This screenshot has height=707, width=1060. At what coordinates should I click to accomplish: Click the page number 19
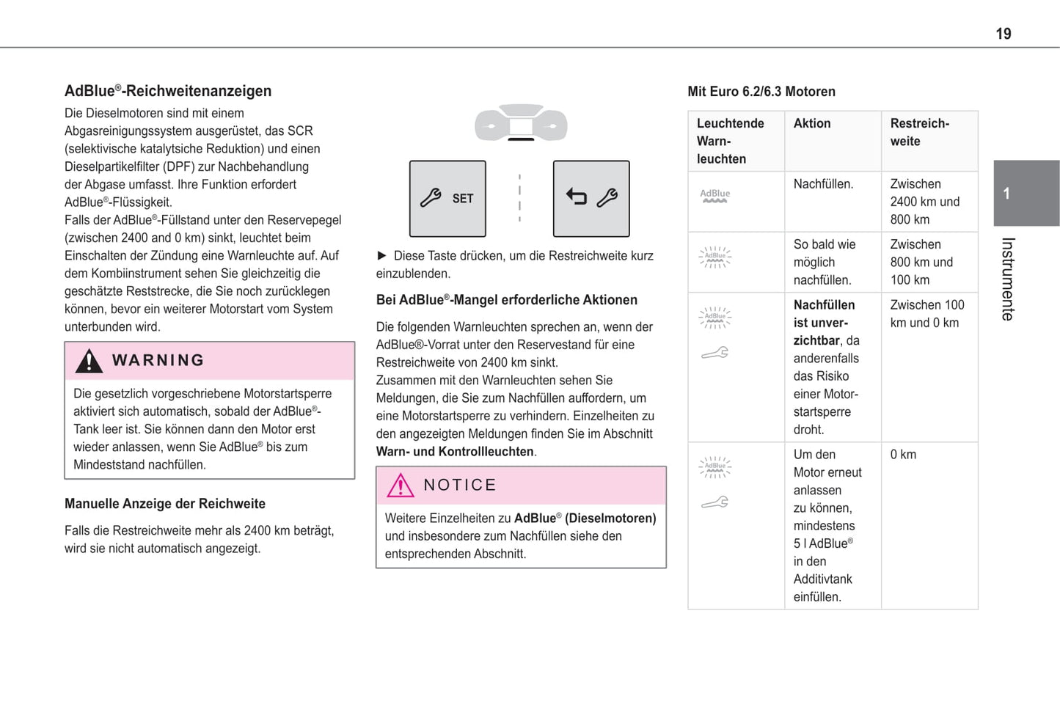1003,34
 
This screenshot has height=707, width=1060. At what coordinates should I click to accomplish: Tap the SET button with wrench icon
447,199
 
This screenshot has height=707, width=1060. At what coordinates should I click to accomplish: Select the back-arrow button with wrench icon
591,198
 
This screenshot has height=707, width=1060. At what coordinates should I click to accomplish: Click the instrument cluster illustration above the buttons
521,123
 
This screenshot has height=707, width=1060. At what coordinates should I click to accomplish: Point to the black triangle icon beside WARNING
89,361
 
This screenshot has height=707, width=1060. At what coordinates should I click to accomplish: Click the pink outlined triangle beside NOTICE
401,486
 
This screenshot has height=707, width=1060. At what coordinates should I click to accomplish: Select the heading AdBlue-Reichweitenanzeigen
168,91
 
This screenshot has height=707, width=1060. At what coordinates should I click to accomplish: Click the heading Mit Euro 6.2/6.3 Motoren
761,92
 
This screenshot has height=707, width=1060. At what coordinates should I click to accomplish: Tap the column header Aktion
812,124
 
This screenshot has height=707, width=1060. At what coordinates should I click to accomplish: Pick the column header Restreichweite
920,133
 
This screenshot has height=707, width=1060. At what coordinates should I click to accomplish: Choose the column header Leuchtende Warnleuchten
731,141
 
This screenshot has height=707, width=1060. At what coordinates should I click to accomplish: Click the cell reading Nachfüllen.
823,184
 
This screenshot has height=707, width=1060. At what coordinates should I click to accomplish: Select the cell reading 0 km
903,455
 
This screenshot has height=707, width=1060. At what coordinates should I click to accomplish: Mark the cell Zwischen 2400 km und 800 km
924,202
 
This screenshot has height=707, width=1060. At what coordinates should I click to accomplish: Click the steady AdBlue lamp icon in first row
714,196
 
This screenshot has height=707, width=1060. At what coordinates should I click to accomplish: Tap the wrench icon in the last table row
714,502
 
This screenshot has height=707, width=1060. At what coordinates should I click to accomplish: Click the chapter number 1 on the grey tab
1006,194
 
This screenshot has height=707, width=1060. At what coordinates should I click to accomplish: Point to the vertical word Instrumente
1008,279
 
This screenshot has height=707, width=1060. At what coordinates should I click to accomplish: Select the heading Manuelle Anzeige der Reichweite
165,504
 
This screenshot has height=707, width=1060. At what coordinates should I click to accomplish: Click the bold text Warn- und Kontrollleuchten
455,452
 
